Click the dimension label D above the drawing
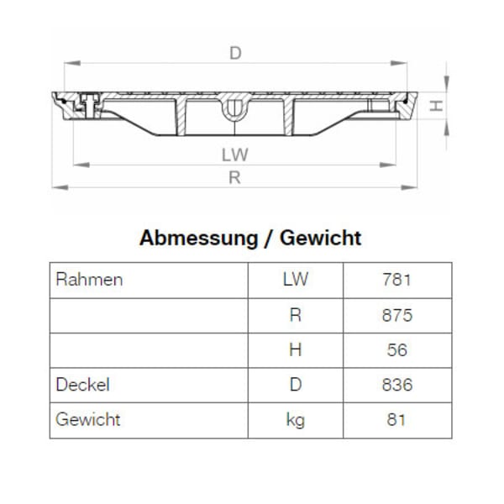coord(236,53)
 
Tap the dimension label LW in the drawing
coord(236,155)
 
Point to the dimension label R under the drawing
coord(235,177)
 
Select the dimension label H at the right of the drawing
coord(435,106)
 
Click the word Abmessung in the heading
coord(198,238)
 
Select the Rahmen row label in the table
coord(89,280)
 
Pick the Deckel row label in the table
coord(83,385)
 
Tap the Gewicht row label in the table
coord(88,419)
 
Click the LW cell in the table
coord(295,280)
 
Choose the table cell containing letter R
coord(295,315)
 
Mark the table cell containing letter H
coord(295,350)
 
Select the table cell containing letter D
coord(295,385)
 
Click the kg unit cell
coord(295,419)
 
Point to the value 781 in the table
coord(396,280)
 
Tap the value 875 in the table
coord(396,315)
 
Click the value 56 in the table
coord(396,350)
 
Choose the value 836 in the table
coord(396,385)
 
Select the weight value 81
coord(396,419)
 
